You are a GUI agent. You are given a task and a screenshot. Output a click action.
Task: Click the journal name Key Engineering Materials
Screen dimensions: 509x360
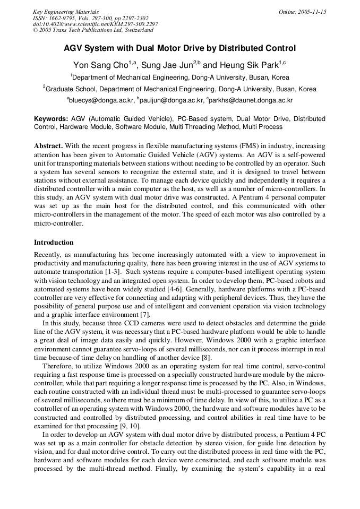(66, 12)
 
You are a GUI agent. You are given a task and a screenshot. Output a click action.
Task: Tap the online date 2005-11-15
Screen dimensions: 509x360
(302, 12)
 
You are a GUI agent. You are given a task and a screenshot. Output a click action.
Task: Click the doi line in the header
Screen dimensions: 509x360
(95, 24)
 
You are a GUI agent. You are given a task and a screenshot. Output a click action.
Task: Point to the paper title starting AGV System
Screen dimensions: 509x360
(179, 48)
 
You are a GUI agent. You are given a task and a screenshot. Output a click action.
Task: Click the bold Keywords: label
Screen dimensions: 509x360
(51, 119)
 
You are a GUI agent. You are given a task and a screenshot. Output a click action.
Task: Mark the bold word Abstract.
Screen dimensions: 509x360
(49, 145)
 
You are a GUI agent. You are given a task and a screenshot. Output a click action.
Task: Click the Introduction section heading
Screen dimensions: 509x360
(54, 243)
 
